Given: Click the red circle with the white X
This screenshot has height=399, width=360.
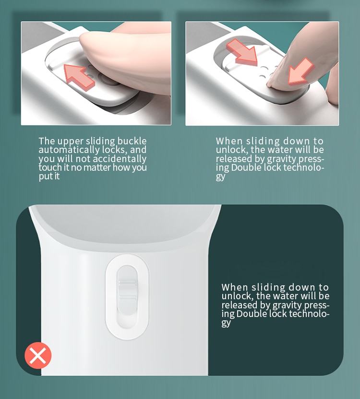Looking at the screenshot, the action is (38, 355).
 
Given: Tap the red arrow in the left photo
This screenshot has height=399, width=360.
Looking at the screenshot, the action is (79, 77).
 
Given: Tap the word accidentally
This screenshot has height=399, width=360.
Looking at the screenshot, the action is (120, 159).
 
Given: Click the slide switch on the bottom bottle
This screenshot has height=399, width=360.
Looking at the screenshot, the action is (127, 296).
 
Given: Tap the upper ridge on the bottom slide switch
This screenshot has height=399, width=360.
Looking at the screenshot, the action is (127, 282).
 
